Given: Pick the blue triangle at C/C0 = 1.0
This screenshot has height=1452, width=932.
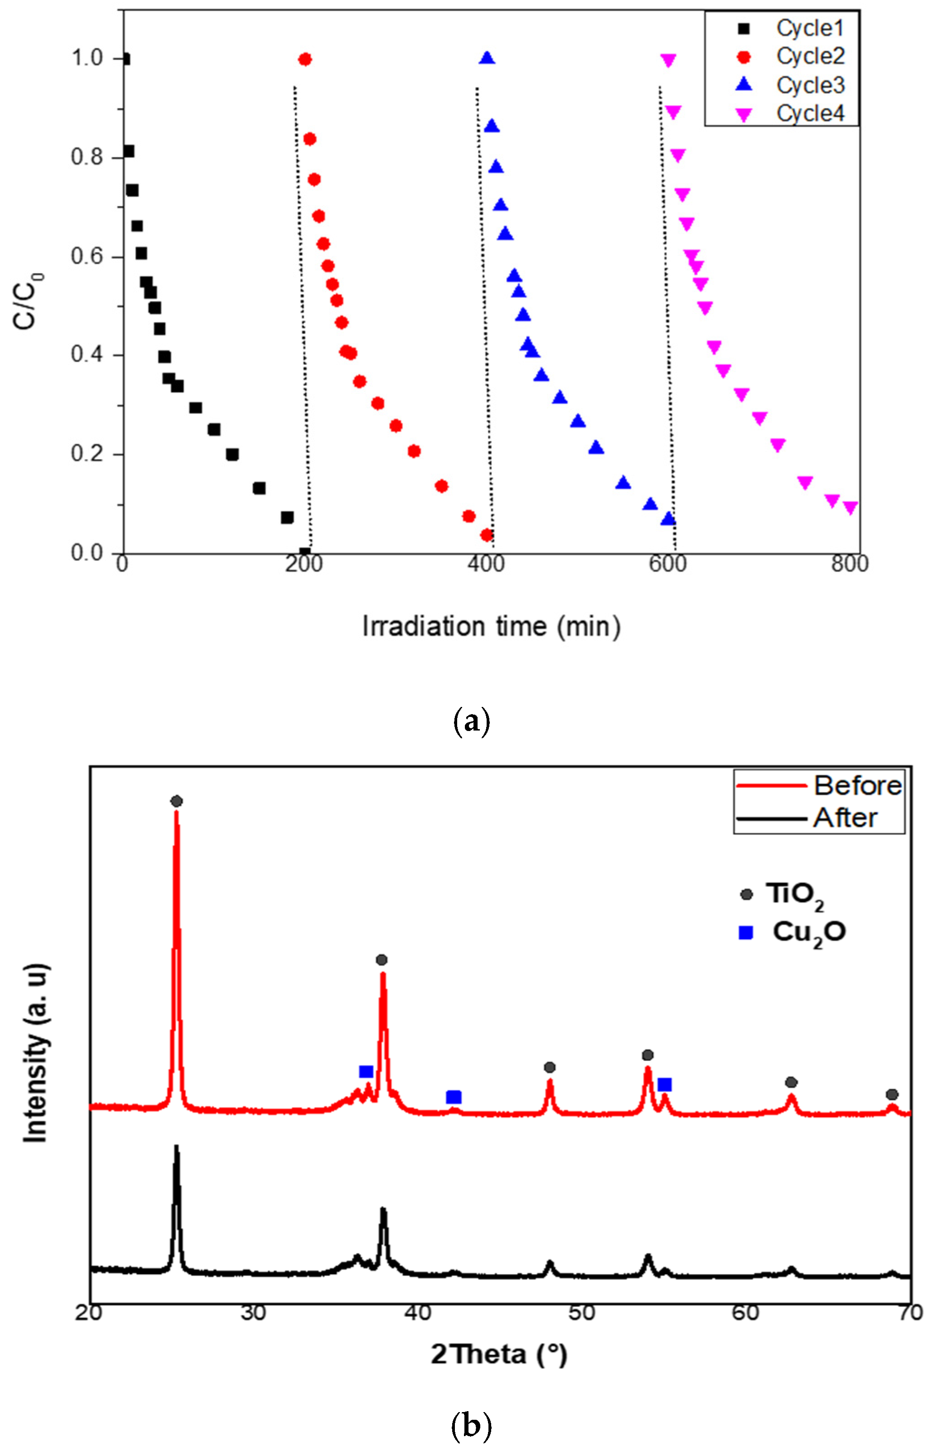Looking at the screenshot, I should tap(487, 59).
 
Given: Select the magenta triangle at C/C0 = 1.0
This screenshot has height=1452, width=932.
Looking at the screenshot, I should tap(668, 60).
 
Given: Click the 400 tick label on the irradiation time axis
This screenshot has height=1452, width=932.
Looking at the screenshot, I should tap(486, 564).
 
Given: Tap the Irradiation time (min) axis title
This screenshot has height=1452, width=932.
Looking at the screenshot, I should tap(492, 627).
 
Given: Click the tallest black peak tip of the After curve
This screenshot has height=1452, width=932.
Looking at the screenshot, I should tap(176, 1146).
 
